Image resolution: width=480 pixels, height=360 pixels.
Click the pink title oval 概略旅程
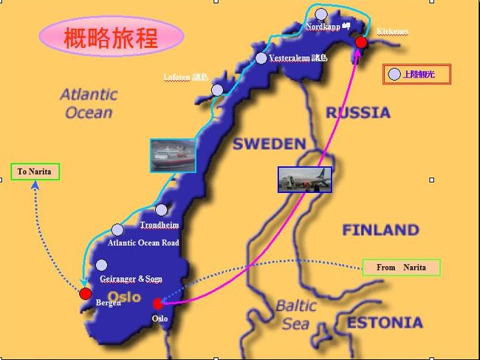tap(111, 37)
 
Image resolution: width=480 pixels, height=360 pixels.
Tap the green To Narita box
tap(35, 171)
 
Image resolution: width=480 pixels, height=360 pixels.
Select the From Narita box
tap(401, 267)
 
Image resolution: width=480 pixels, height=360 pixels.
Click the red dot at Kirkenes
tap(361, 43)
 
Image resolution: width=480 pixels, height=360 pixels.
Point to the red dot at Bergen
tap(86, 293)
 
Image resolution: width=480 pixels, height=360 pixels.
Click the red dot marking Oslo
tap(157, 304)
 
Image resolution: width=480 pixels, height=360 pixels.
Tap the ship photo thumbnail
tap(173, 155)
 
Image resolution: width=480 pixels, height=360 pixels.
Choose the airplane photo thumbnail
tap(304, 180)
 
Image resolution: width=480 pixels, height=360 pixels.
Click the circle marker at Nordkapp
tap(320, 14)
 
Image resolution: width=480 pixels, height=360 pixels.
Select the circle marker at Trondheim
tap(161, 210)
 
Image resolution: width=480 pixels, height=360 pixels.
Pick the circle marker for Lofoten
tap(217, 90)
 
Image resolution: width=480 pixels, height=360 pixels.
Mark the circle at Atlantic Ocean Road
tap(117, 230)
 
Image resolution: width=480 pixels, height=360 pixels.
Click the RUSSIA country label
tap(358, 113)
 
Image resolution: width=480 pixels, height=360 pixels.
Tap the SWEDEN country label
tap(269, 144)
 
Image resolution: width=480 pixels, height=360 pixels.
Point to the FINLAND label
tap(380, 230)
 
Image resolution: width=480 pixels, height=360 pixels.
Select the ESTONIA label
tap(385, 322)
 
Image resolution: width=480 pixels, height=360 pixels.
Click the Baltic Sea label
tap(295, 314)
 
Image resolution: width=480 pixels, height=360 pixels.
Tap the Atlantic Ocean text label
tap(89, 103)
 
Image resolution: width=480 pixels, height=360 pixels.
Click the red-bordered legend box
tap(416, 74)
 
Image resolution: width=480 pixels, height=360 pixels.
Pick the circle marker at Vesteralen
tap(261, 58)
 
